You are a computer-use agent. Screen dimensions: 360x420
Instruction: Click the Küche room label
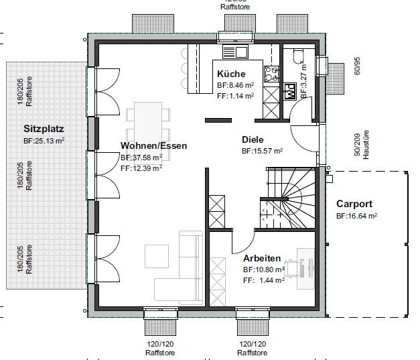click(231, 74)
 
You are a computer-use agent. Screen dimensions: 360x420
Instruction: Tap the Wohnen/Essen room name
click(154, 145)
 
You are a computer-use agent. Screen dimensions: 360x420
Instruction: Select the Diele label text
click(253, 140)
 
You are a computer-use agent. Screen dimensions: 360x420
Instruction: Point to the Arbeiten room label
click(262, 257)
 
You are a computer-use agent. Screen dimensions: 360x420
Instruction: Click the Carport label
click(355, 204)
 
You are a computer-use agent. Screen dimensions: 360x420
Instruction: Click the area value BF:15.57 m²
click(262, 152)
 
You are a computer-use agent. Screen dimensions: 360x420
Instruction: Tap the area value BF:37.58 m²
click(141, 158)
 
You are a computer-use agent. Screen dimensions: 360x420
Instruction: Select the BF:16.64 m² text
click(356, 217)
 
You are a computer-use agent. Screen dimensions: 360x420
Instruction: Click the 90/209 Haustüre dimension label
click(360, 144)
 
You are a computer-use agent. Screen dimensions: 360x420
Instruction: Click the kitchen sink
click(234, 51)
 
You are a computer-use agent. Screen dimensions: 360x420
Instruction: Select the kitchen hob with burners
click(272, 75)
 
